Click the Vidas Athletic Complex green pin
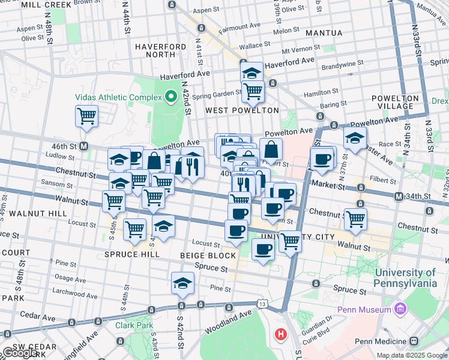tap(171, 96)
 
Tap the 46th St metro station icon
tap(85, 146)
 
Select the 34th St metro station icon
tap(399, 196)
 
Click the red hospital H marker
tap(280, 334)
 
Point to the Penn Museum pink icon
tap(400, 310)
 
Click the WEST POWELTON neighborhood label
tap(242, 110)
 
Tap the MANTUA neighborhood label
tap(324, 33)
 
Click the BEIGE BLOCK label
tap(208, 256)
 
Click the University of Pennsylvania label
tap(414, 277)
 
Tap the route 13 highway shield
tap(262, 305)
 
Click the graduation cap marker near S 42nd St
tap(182, 284)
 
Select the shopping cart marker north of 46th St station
tap(87, 116)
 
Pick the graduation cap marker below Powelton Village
tap(355, 137)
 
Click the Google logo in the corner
tap(20, 353)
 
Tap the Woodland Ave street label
tap(228, 320)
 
